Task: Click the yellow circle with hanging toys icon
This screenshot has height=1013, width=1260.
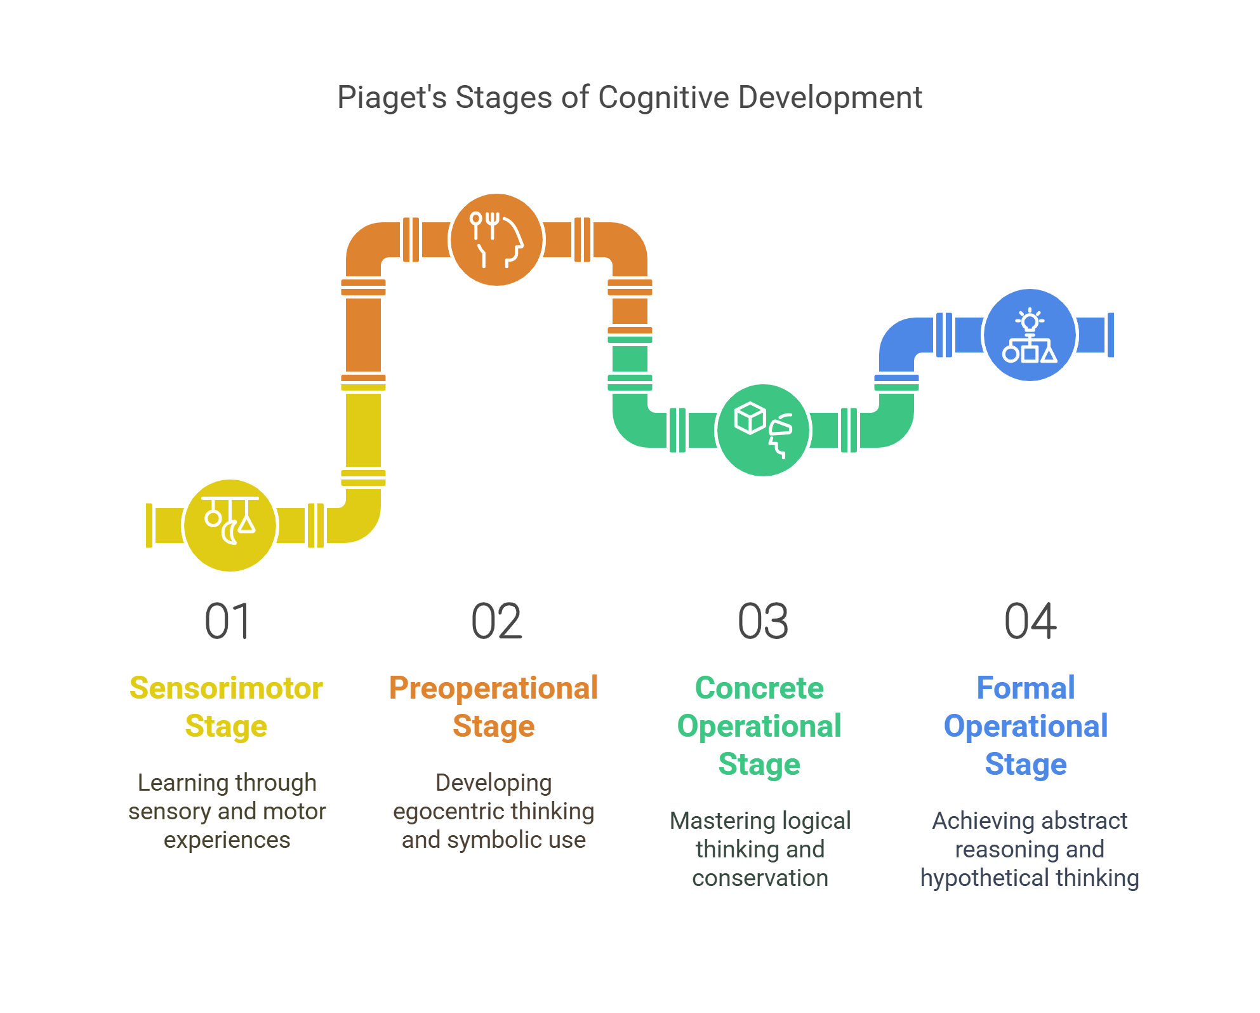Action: (230, 525)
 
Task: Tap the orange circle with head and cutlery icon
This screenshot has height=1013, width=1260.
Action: (496, 239)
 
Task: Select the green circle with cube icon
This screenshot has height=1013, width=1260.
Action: (763, 430)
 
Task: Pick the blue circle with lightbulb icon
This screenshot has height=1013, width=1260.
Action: (1030, 335)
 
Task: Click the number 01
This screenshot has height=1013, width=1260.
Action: (227, 621)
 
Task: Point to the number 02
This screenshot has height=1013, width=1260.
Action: (496, 621)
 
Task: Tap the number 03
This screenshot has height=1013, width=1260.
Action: (763, 621)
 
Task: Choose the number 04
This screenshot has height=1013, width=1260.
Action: (1030, 621)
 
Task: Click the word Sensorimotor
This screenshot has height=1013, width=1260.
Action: (226, 688)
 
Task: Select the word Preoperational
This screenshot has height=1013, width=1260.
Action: (493, 688)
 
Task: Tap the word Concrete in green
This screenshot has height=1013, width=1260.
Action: (759, 688)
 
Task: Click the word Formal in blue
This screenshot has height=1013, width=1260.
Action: (1026, 688)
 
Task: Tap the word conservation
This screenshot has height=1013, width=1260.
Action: (760, 878)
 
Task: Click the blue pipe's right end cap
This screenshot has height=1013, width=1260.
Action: (1110, 335)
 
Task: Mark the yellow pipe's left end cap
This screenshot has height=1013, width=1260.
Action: (149, 525)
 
